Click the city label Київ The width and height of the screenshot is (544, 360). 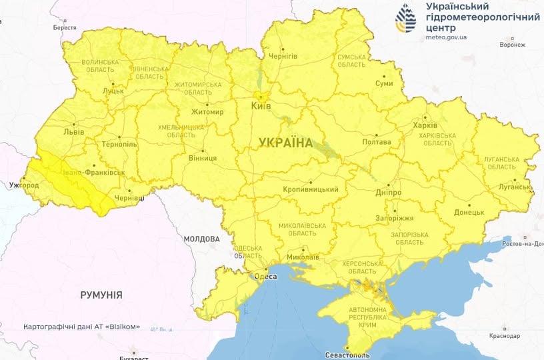[x=261, y=106]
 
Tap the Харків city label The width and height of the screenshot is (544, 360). [x=425, y=125]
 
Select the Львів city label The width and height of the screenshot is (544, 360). [x=73, y=132]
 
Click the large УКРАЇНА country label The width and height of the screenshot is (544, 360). [x=285, y=143]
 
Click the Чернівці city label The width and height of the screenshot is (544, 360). [x=130, y=199]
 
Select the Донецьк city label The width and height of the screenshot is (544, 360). [x=469, y=212]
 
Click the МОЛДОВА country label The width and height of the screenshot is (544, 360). [x=201, y=239]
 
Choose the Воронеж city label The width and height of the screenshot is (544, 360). [x=512, y=45]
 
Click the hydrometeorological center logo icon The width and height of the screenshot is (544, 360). [x=407, y=19]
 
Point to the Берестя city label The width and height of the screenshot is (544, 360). [x=65, y=28]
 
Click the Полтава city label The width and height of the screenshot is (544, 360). [x=376, y=142]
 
